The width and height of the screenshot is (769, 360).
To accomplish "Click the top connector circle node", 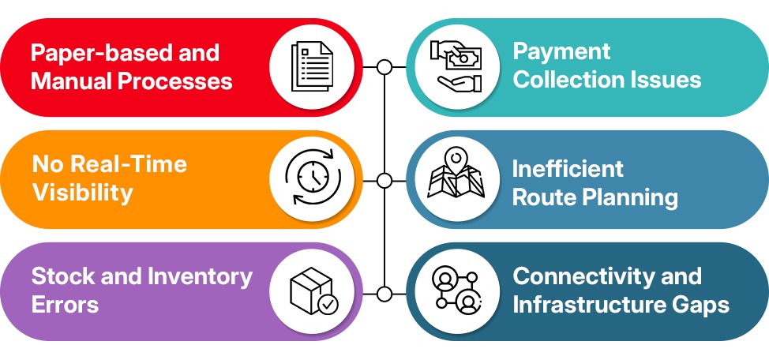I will [384, 67].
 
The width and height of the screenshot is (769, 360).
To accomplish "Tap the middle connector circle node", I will [384, 181].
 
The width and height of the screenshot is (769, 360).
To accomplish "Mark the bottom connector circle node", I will [384, 294].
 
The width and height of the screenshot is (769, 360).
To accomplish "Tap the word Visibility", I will [82, 193].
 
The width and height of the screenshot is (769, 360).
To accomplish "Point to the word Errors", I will [66, 305].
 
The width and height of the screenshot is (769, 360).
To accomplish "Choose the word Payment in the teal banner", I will [561, 52].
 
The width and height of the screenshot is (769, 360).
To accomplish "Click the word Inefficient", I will [568, 168].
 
